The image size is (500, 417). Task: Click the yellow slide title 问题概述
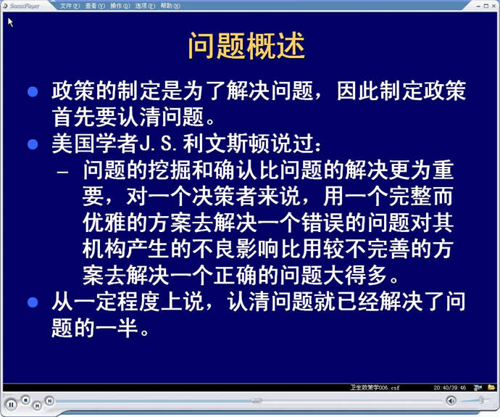pos(246,46)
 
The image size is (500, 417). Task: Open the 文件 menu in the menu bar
pos(70,6)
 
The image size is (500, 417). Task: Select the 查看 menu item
pos(95,6)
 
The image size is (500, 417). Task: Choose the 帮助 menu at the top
pos(170,6)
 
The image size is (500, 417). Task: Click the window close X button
pos(494,6)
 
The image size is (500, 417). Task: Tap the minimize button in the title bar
pos(478,6)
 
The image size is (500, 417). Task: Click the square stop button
pos(25,400)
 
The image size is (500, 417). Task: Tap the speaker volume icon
pos(451,401)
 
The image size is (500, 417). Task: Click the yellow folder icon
pos(491,387)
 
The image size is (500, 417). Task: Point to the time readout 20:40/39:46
pos(449,388)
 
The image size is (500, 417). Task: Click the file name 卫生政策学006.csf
pos(375,388)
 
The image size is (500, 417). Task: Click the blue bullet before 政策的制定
pos(33,92)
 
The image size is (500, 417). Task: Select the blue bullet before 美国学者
pos(33,144)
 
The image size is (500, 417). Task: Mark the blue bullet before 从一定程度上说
pos(33,302)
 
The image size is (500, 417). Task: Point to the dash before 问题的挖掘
pos(62,172)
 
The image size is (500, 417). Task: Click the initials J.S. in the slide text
pos(158,144)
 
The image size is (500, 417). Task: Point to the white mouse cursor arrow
pos(10,22)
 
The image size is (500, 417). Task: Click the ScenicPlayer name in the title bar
pos(25,6)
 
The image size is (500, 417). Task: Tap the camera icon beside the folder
pos(478,388)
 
